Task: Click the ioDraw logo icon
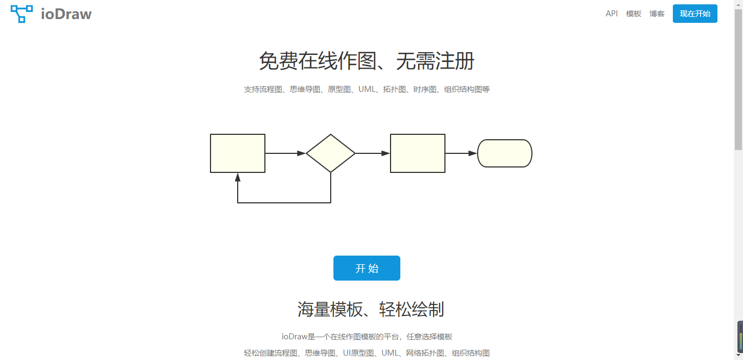click(x=22, y=14)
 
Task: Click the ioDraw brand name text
click(x=66, y=14)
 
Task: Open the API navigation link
click(x=611, y=14)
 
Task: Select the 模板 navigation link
click(x=634, y=14)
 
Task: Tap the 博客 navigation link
click(x=657, y=14)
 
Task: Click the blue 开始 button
click(x=367, y=268)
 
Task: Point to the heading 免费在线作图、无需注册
click(x=367, y=61)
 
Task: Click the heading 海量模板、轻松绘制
click(x=370, y=309)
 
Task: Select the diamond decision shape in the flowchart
click(x=331, y=153)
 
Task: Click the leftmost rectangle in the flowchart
click(x=238, y=153)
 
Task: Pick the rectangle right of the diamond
click(x=418, y=153)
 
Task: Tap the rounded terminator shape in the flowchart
click(x=505, y=153)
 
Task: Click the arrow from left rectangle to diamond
click(x=285, y=153)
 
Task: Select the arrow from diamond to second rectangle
click(x=373, y=153)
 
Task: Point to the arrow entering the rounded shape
click(x=461, y=153)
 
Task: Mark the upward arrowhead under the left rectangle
click(x=238, y=177)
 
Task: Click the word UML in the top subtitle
click(x=367, y=89)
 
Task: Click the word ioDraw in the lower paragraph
click(x=295, y=337)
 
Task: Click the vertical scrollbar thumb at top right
click(x=738, y=76)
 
